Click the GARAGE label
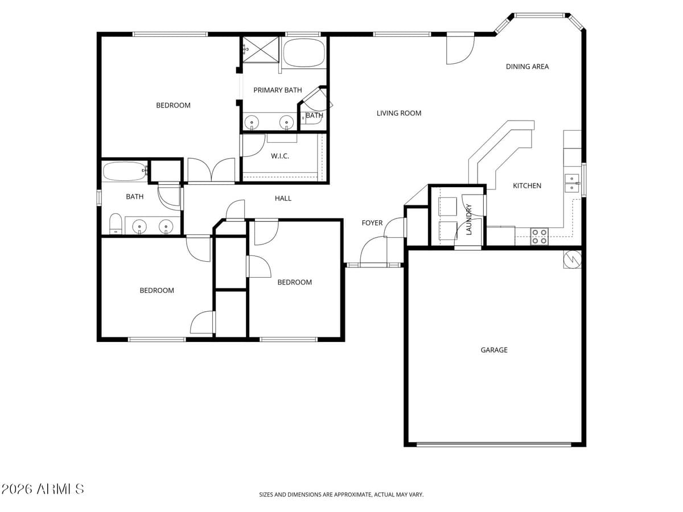point(493,350)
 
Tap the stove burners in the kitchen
point(539,236)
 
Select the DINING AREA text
point(527,67)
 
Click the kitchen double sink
point(571,183)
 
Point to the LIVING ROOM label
point(398,113)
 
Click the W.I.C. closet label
point(279,156)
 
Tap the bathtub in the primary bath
point(304,53)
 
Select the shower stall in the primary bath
point(261,49)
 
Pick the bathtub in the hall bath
point(125,171)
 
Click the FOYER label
point(372,223)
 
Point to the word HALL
point(283,199)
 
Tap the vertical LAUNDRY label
point(469,219)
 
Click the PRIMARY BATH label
point(277,90)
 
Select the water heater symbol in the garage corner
point(572,259)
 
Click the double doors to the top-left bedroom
point(211,171)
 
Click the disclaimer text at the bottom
point(341,495)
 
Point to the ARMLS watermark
point(43,489)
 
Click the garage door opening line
point(493,444)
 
